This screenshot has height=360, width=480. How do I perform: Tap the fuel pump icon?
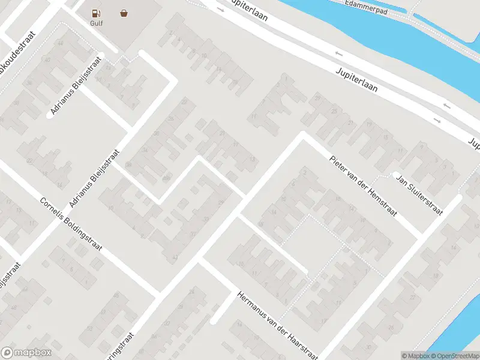[96, 13]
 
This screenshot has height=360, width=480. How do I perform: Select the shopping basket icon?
[124, 13]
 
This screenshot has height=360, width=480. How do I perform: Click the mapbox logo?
[26, 353]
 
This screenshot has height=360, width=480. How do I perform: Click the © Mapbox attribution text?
[416, 356]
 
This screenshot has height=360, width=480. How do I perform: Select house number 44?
[60, 44]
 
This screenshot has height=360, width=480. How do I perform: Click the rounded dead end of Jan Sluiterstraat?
[396, 175]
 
